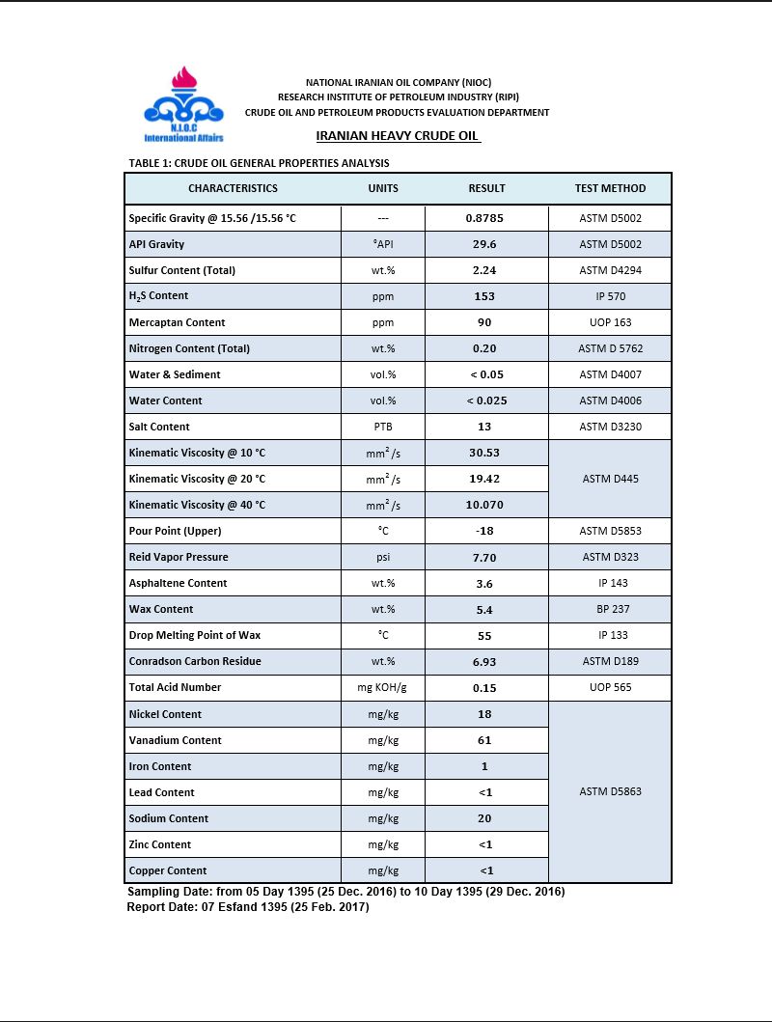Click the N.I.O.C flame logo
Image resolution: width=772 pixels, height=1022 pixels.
point(183,100)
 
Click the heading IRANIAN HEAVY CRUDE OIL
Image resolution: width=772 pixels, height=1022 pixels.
point(398,136)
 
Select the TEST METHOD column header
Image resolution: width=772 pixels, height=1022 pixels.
point(610,188)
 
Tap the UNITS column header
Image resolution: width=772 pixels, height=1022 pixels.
point(383,188)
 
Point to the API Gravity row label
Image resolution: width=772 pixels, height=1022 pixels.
point(156,244)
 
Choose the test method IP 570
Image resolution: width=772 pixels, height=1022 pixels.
point(610,296)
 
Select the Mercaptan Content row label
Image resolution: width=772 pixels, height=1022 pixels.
point(177,322)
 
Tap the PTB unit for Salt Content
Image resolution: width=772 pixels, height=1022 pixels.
point(383,427)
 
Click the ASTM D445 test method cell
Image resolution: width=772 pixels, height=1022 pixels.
point(610,479)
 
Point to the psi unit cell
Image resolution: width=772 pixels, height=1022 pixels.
point(383,557)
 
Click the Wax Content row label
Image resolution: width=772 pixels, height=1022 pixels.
point(161,609)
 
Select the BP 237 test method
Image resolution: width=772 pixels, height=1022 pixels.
point(610,609)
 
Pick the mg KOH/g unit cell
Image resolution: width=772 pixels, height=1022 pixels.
point(383,687)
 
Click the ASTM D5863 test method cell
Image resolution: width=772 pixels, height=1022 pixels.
point(610,791)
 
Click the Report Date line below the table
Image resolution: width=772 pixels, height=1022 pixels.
point(248,907)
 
